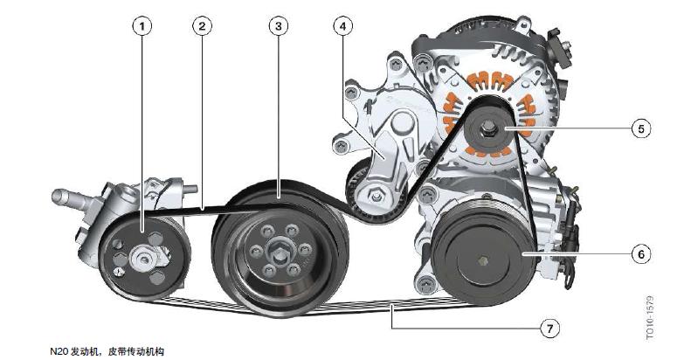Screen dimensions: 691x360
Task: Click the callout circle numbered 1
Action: [x=142, y=26]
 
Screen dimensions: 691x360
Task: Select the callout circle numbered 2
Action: [x=202, y=26]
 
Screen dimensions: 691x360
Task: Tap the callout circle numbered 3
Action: [x=278, y=26]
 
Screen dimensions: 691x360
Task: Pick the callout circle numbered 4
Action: [x=342, y=26]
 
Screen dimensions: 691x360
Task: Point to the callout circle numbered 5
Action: [x=640, y=128]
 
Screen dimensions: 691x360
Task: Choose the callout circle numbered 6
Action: [x=640, y=254]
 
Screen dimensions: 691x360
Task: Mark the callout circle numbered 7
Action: [x=549, y=329]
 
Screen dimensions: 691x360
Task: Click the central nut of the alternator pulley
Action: [x=487, y=128]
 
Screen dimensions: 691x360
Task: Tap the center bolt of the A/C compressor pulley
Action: [x=482, y=261]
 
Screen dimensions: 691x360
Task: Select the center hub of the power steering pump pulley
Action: [x=143, y=260]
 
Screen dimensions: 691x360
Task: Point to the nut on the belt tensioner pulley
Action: [x=376, y=194]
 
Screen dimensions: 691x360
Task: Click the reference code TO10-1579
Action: [x=651, y=318]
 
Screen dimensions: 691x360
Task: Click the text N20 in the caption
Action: [x=59, y=351]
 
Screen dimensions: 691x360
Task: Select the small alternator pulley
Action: [x=487, y=128]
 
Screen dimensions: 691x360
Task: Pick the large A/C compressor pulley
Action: [x=484, y=254]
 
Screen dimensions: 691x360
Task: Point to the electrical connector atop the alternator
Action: [x=557, y=47]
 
